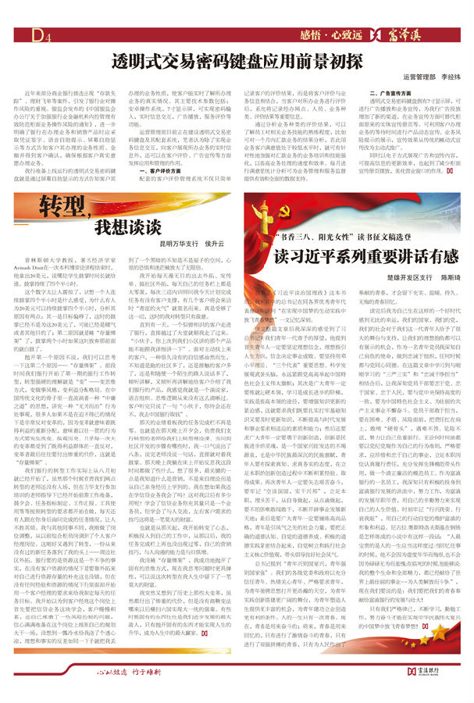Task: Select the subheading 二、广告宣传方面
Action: click(x=393, y=94)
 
